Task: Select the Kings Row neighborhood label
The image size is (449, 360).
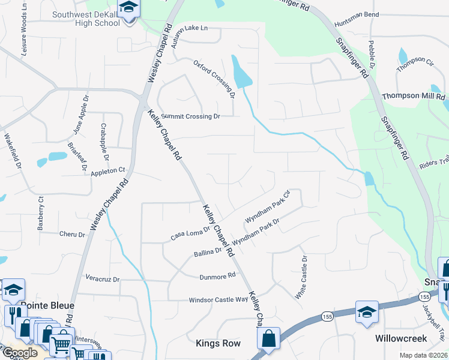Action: pyautogui.click(x=218, y=343)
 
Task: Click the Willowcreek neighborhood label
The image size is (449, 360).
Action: pyautogui.click(x=401, y=338)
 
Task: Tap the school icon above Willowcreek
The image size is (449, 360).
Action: pyautogui.click(x=366, y=312)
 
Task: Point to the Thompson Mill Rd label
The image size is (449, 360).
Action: pyautogui.click(x=413, y=96)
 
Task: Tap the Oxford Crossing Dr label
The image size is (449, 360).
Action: pyautogui.click(x=214, y=79)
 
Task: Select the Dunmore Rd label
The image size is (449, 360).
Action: pyautogui.click(x=218, y=276)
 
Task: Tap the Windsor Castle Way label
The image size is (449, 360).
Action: pyautogui.click(x=218, y=299)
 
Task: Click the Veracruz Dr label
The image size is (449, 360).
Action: pyautogui.click(x=103, y=280)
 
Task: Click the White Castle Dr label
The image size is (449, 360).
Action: pyautogui.click(x=301, y=277)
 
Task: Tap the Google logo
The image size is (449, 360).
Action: pyautogui.click(x=19, y=353)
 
